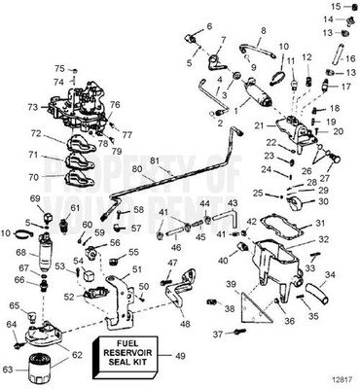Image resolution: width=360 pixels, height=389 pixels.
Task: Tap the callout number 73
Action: pyautogui.click(x=33, y=107)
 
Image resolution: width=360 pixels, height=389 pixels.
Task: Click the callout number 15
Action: pyautogui.click(x=333, y=7)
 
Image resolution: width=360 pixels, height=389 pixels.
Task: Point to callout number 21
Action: pyautogui.click(x=260, y=126)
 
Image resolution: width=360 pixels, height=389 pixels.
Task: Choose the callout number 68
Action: pyautogui.click(x=21, y=253)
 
